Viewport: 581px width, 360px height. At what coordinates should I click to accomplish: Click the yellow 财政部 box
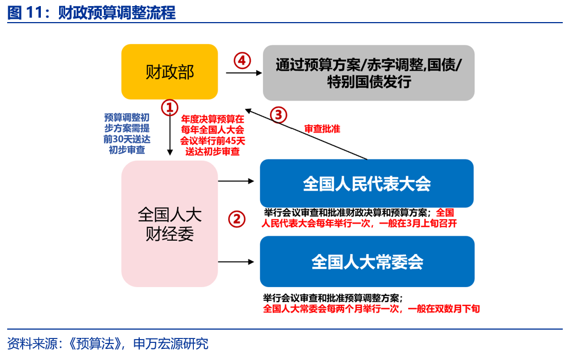click(170, 71)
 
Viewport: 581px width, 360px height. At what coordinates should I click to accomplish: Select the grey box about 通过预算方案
click(368, 72)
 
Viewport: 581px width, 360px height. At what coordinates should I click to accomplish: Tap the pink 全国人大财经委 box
click(170, 224)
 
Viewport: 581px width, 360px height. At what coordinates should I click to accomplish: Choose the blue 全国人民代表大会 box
click(367, 183)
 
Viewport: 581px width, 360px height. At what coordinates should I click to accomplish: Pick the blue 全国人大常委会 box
click(367, 261)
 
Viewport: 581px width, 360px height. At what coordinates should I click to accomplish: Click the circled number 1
click(170, 108)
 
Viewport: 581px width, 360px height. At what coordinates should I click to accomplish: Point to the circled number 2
click(237, 219)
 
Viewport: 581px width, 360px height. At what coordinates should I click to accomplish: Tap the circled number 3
click(279, 115)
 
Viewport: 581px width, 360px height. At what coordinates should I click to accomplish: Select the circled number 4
click(242, 60)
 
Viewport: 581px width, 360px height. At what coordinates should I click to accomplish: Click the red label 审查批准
click(322, 129)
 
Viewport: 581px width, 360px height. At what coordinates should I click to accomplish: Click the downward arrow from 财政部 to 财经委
click(170, 133)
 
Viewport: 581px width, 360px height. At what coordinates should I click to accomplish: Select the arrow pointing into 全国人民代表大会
click(236, 181)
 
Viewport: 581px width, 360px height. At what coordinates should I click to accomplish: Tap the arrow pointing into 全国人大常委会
click(236, 262)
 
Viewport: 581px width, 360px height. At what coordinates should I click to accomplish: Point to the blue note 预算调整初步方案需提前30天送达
click(126, 133)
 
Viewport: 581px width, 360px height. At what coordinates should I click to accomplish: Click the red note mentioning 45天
click(213, 135)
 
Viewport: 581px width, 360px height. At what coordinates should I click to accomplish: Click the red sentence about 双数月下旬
click(371, 309)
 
